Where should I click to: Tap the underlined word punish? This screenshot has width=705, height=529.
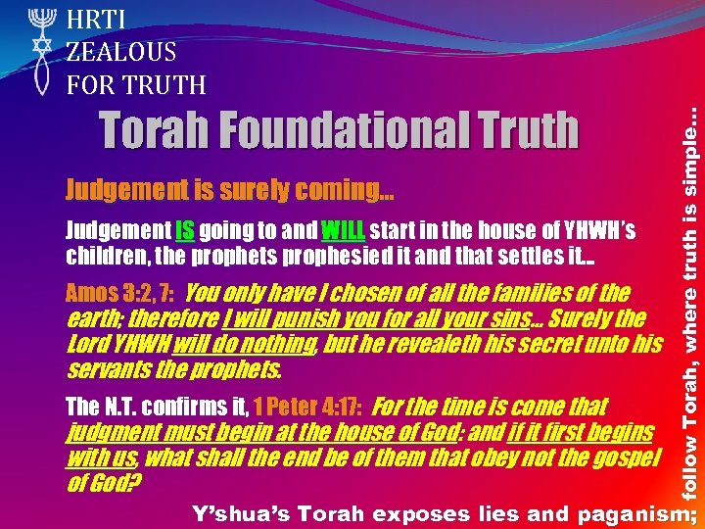point(285,318)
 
